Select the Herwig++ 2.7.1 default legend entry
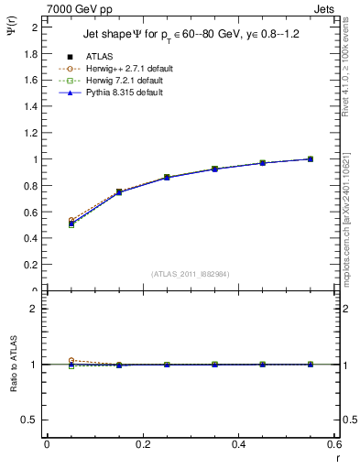pos(120,70)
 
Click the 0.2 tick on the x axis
pos(142,444)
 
